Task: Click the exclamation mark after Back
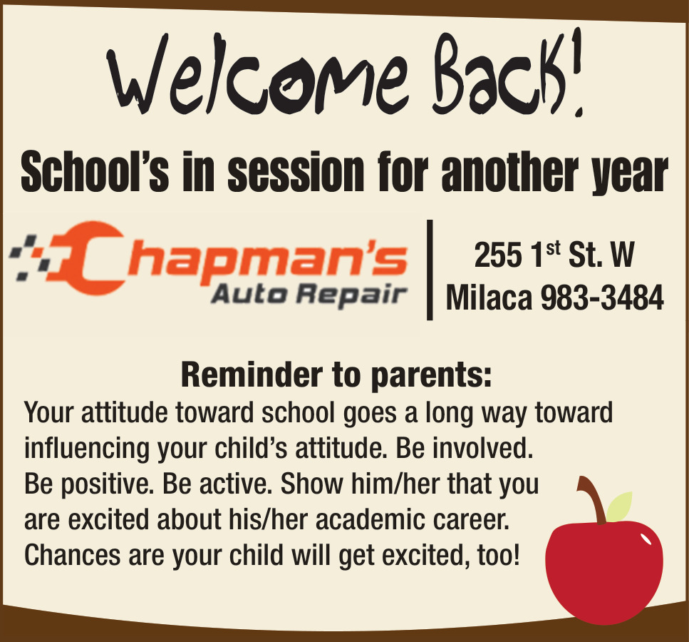click(576, 72)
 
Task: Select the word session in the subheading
click(296, 172)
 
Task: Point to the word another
click(510, 172)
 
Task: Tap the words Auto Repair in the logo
click(309, 294)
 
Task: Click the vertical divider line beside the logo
click(430, 270)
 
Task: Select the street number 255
click(498, 255)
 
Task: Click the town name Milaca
click(489, 297)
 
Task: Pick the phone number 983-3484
click(602, 297)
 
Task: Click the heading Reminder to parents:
click(336, 375)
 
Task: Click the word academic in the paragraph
click(370, 520)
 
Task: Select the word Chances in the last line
click(72, 555)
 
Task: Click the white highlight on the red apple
click(646, 539)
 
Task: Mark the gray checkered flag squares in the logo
click(30, 258)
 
